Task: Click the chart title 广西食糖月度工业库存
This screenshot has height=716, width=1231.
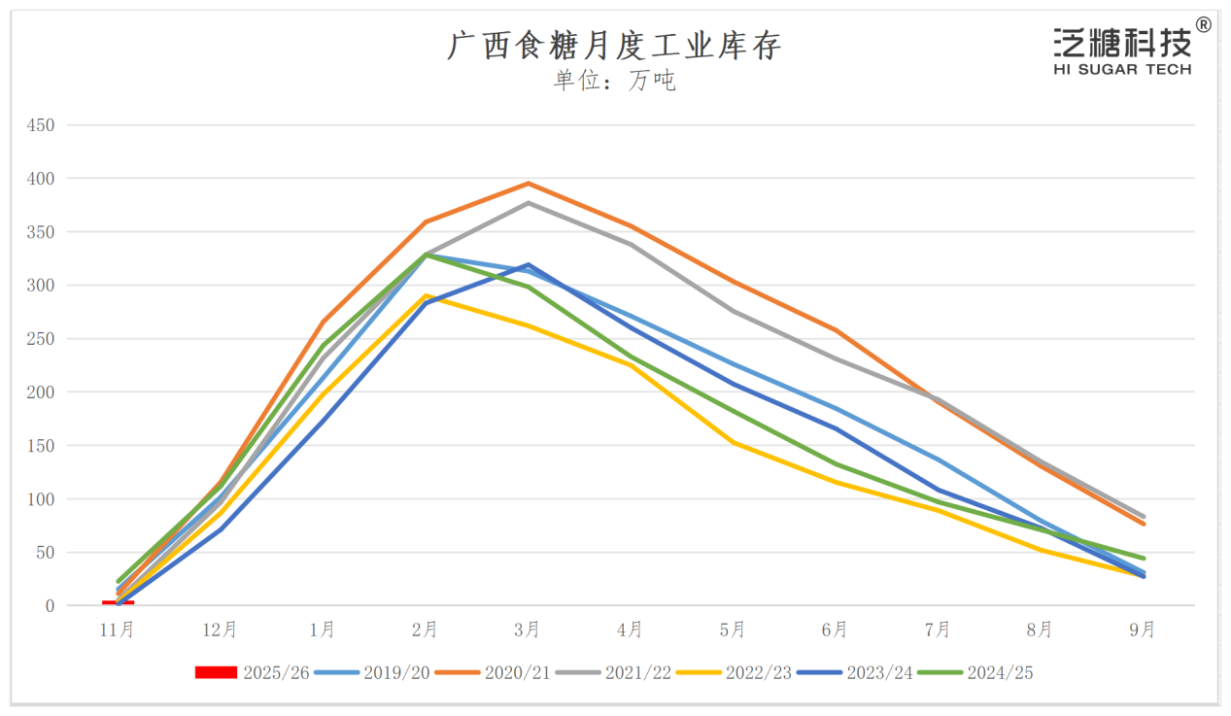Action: (614, 45)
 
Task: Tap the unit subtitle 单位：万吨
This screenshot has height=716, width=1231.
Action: (614, 81)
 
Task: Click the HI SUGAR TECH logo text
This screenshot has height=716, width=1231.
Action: (1121, 70)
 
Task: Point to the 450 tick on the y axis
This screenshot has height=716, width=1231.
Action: (41, 125)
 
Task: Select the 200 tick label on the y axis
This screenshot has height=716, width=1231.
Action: (41, 392)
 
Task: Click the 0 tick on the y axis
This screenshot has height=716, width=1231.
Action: (49, 606)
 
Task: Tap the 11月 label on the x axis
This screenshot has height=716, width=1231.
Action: (118, 631)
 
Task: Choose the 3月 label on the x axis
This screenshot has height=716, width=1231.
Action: (528, 631)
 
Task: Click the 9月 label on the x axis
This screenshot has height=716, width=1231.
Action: (1143, 631)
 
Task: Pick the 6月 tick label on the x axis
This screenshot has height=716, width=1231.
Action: (836, 631)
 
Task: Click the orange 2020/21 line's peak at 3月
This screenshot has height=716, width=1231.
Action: (528, 184)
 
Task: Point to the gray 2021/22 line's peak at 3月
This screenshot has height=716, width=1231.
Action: (528, 202)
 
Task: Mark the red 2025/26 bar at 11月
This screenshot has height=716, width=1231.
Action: (118, 603)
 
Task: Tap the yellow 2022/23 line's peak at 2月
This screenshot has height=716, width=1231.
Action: (426, 295)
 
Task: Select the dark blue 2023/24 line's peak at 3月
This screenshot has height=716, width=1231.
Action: (528, 264)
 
